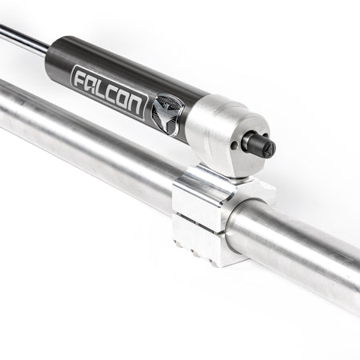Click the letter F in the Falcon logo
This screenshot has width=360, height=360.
pyautogui.click(x=79, y=78)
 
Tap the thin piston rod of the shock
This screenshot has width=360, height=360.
pyautogui.click(x=20, y=37)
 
